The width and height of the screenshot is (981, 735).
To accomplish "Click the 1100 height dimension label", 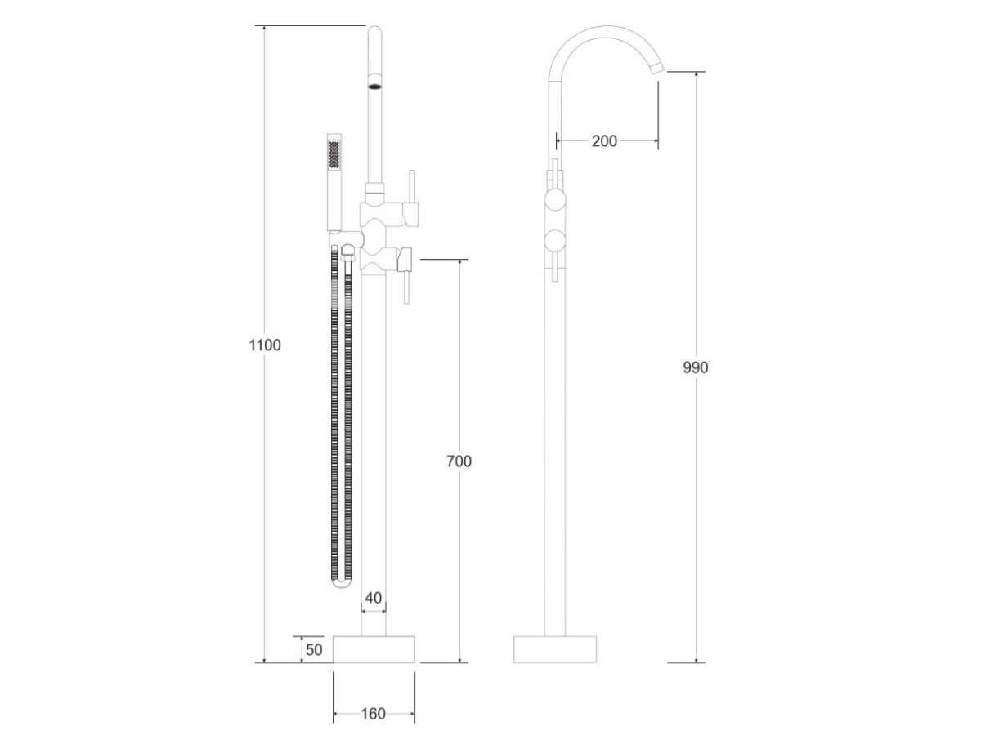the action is pos(265,345).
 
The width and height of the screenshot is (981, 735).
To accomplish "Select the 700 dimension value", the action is pos(459,461).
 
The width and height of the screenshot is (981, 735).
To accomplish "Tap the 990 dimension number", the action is pos(696,367).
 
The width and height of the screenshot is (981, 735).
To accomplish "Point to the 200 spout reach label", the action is pos(604,141).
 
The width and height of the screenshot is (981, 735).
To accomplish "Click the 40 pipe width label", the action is pos(373,598).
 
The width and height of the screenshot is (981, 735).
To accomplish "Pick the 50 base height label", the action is pos(314,650).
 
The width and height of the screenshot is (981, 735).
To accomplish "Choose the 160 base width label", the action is pos(373,714).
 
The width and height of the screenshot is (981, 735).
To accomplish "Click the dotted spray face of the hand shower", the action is pos(334,154).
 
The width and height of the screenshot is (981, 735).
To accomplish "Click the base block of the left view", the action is pos(374,649).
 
